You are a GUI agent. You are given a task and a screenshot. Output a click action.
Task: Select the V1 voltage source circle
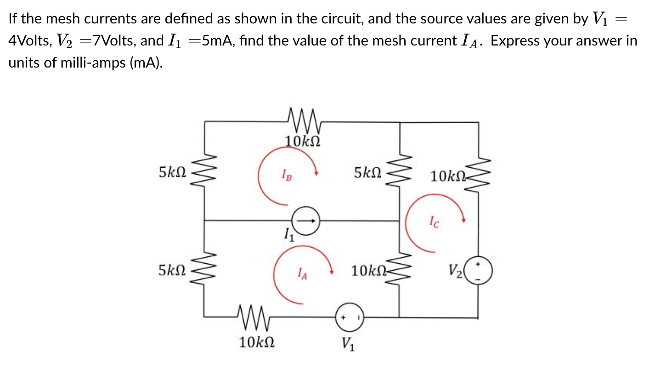click(350, 317)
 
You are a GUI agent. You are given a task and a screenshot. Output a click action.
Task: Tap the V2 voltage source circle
click(478, 271)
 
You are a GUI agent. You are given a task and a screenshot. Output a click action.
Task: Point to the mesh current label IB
click(286, 175)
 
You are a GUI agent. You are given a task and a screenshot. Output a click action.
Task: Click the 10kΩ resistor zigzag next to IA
click(399, 271)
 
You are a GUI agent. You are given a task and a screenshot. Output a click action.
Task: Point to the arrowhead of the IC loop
click(464, 220)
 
